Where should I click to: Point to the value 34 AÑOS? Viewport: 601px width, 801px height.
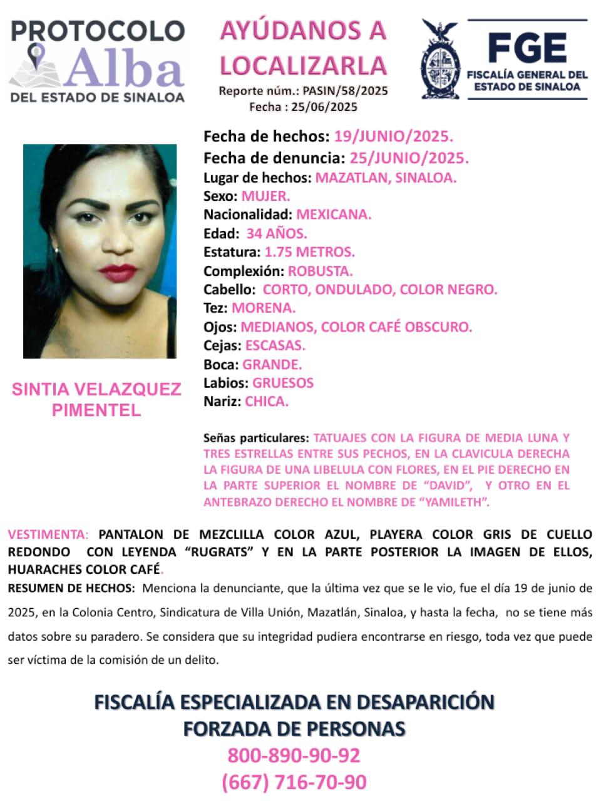click(x=277, y=233)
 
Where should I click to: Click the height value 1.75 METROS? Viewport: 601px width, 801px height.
click(x=309, y=252)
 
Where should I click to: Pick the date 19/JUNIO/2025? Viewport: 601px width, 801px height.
click(x=393, y=136)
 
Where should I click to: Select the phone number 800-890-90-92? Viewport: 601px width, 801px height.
click(x=294, y=755)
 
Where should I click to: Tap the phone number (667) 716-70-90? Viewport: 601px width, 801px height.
click(x=294, y=782)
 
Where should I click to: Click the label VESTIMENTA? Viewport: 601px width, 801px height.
click(x=48, y=534)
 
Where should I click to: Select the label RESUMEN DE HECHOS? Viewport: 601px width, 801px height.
click(x=71, y=588)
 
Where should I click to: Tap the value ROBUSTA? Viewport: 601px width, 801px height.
click(x=320, y=271)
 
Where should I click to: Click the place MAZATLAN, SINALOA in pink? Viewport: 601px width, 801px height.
click(x=386, y=177)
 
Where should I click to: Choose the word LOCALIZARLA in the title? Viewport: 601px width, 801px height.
click(x=303, y=66)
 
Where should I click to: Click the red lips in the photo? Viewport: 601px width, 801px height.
click(x=117, y=273)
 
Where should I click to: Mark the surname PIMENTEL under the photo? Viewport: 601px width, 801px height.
click(x=96, y=411)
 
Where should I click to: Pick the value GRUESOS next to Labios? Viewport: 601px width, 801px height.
click(x=283, y=383)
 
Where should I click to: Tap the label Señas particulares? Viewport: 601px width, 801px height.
click(x=255, y=438)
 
